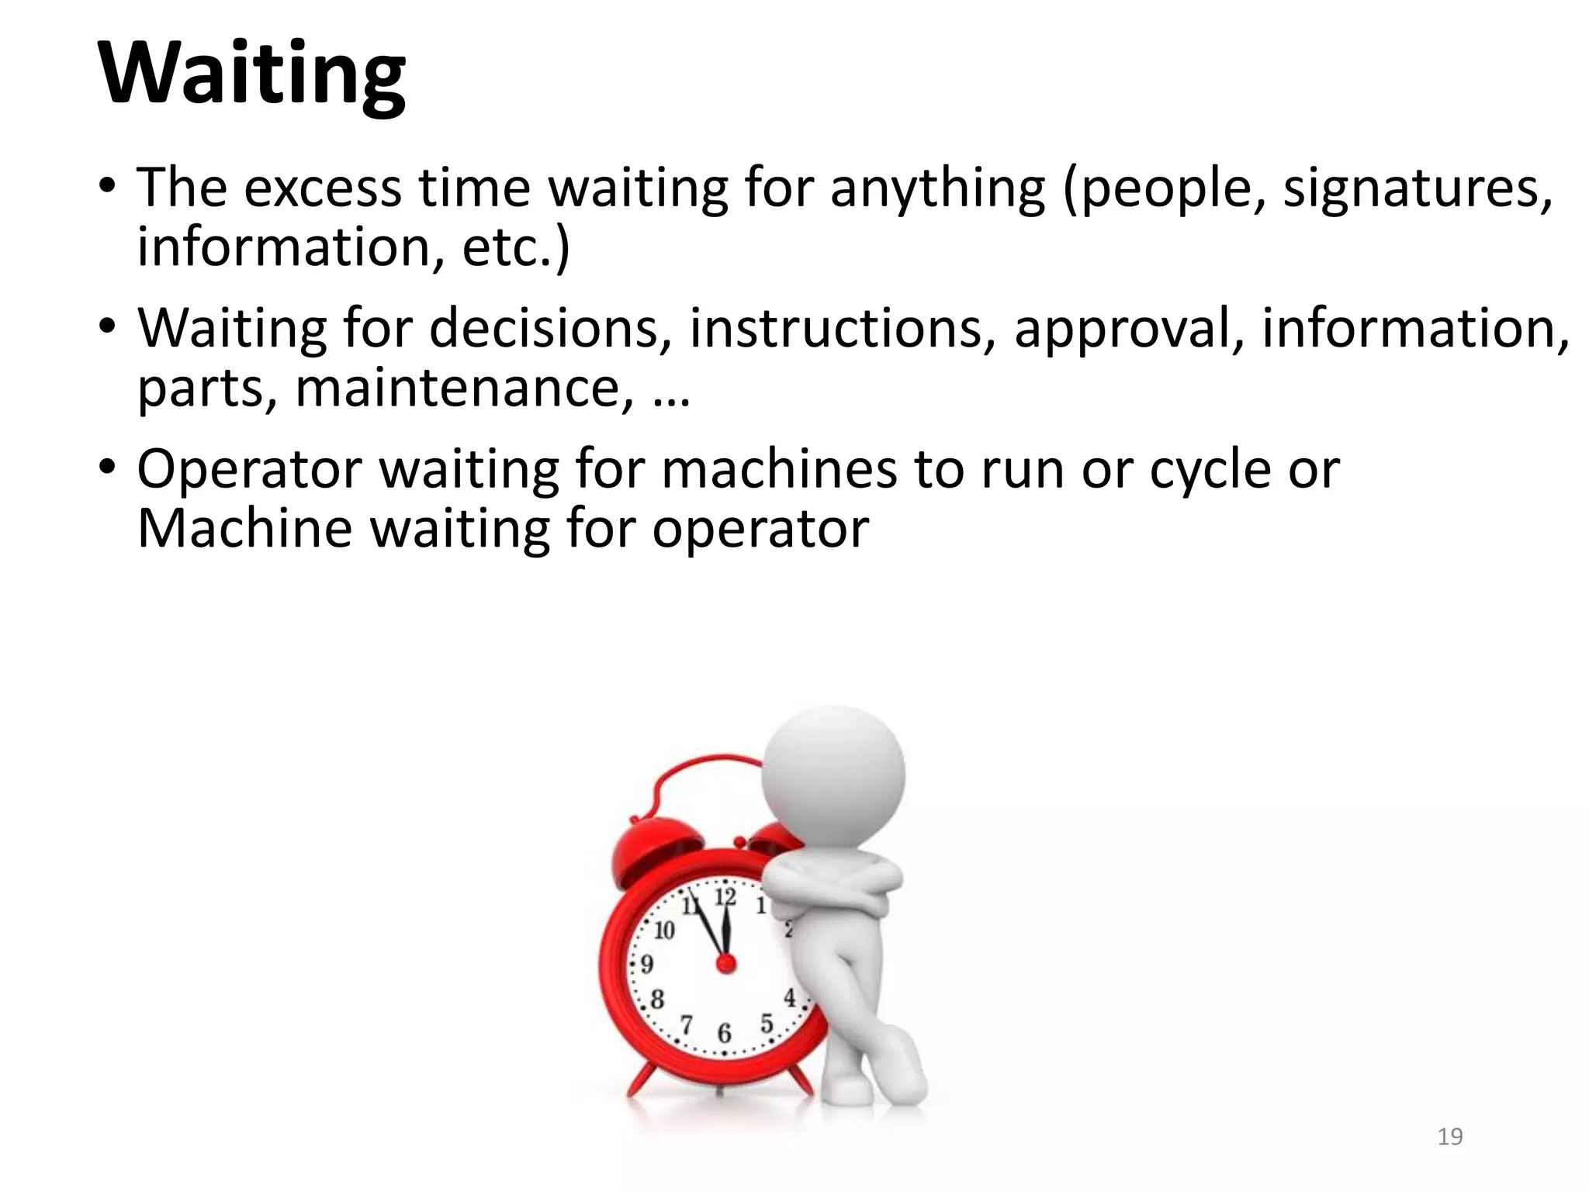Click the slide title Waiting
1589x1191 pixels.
coord(251,74)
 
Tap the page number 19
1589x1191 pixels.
coord(1449,1137)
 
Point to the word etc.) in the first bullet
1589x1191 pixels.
coord(515,248)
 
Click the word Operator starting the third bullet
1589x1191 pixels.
coord(249,471)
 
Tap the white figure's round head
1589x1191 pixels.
coord(833,776)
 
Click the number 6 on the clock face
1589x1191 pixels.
coord(724,1033)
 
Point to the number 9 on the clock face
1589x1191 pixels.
coord(646,964)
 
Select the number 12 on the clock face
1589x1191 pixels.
coord(725,897)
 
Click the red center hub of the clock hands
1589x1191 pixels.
coord(725,964)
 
